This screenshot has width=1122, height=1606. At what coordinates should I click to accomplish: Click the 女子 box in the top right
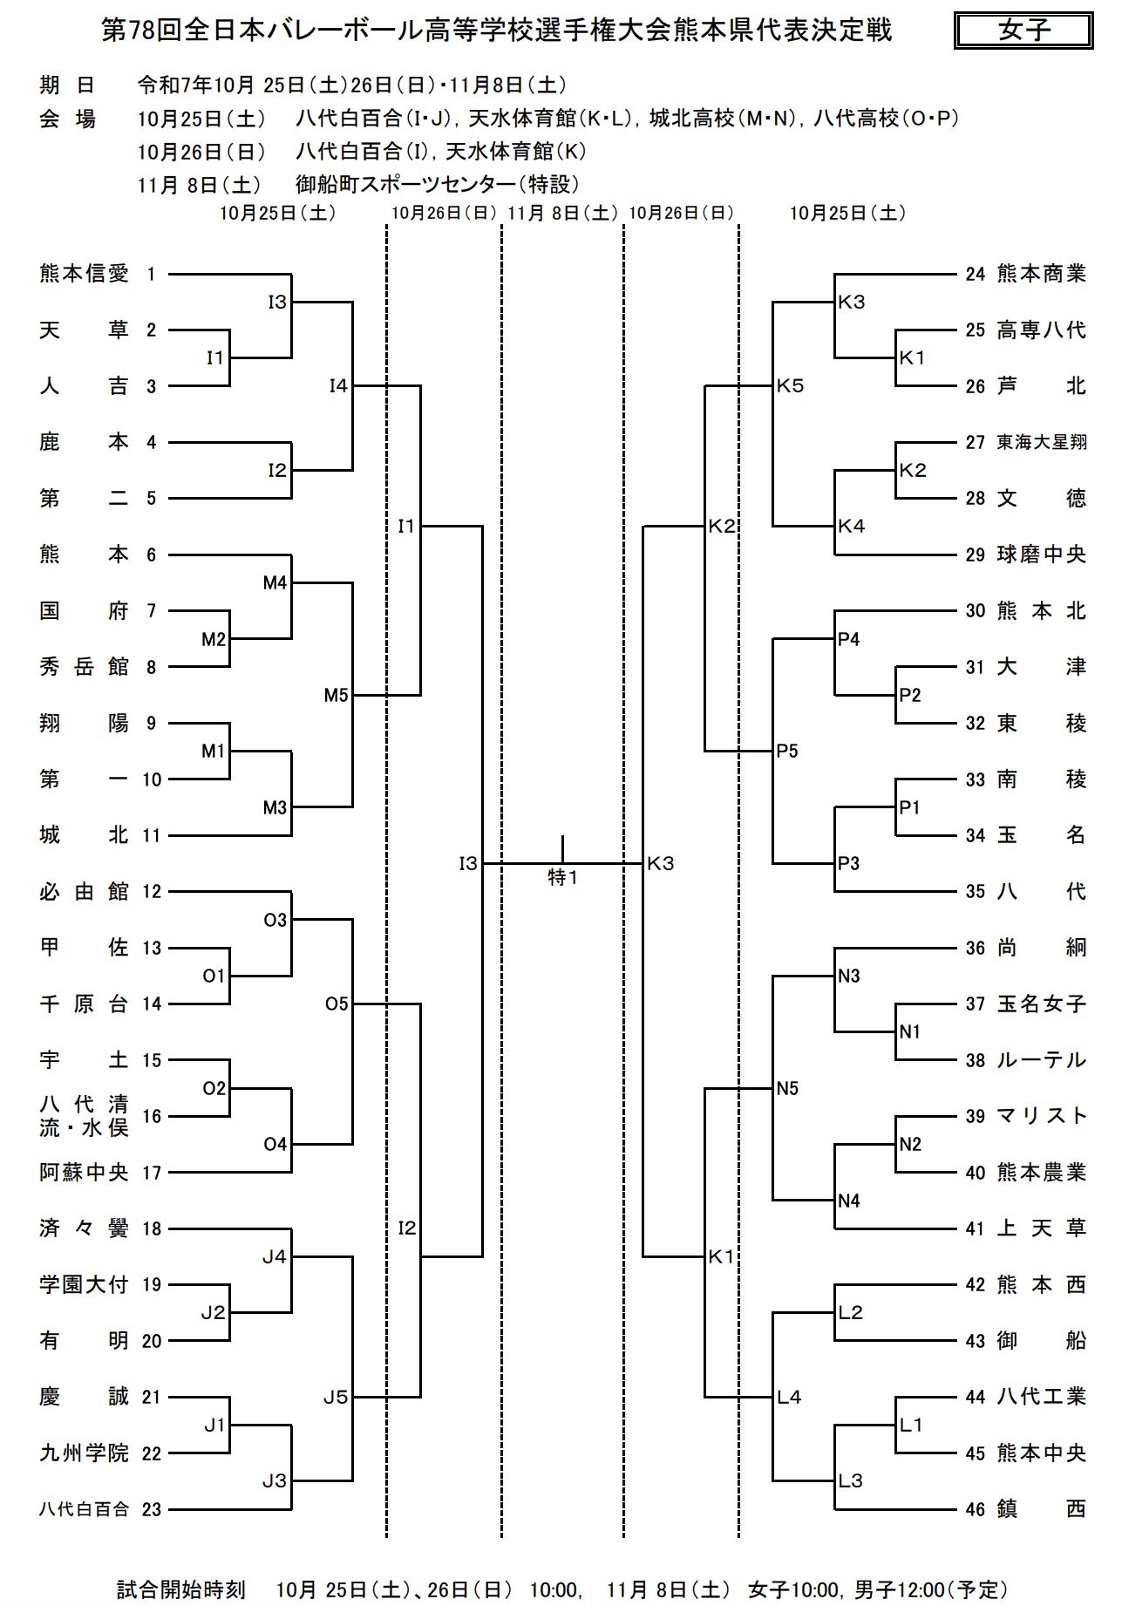tap(1023, 31)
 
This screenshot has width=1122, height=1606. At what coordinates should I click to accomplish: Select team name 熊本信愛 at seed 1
tap(84, 274)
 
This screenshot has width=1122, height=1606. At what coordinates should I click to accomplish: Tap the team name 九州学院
tap(84, 1453)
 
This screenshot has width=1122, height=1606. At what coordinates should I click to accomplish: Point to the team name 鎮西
tap(1041, 1508)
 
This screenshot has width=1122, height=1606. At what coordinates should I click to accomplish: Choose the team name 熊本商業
tap(1041, 274)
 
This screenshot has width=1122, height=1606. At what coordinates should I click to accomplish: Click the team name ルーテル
tap(1041, 1060)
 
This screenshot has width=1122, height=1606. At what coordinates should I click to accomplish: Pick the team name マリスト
tap(1041, 1116)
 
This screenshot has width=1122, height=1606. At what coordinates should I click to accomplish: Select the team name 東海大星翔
tap(1041, 442)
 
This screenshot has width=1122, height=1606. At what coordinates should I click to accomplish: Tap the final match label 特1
tap(562, 877)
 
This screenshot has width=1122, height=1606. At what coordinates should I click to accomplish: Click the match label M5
tap(336, 696)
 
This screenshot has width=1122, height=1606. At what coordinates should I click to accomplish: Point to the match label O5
tap(337, 1004)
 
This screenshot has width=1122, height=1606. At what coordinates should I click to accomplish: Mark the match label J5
tap(336, 1397)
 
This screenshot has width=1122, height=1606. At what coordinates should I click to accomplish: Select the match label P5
tap(787, 752)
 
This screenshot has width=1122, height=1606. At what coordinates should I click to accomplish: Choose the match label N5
tap(787, 1088)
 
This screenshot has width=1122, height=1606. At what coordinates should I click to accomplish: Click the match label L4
tap(788, 1397)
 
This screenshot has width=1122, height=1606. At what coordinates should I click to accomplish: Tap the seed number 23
tap(152, 1509)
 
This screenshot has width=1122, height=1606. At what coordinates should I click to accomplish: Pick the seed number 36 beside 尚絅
tap(975, 948)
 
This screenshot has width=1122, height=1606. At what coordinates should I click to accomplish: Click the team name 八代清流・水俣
tap(84, 1116)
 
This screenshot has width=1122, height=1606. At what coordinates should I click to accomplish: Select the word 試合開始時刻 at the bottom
tap(181, 1589)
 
